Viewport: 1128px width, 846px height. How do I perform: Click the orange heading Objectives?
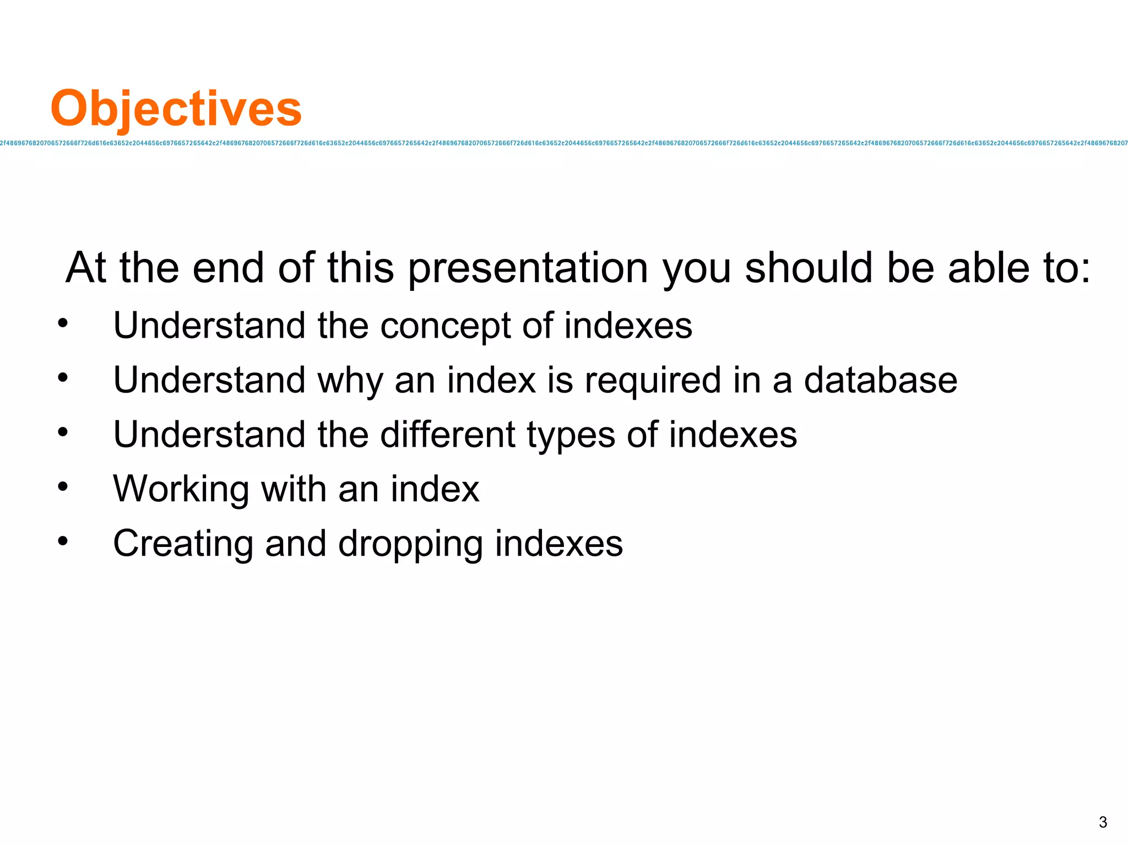176,109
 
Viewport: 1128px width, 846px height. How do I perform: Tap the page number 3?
1103,822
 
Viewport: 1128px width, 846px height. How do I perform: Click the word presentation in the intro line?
528,268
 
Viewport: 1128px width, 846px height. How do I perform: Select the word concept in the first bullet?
446,326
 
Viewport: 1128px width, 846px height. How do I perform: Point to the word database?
880,380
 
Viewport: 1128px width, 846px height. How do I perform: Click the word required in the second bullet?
653,381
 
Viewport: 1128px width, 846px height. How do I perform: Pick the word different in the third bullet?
447,435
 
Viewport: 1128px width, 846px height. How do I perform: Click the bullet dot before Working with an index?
63,486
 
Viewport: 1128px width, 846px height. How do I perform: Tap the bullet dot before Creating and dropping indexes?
63,541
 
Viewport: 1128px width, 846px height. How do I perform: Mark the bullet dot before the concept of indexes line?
63,323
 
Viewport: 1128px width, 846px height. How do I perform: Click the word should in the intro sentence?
809,268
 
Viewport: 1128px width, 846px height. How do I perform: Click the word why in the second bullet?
350,381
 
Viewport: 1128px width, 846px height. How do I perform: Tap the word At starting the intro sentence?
86,268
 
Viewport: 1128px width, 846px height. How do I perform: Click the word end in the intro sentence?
228,268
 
